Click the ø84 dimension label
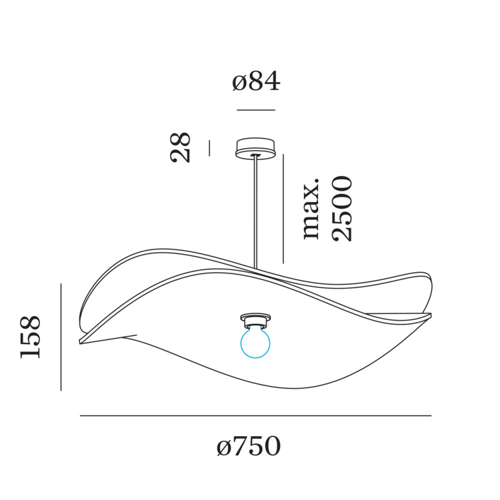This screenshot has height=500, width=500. tap(256, 81)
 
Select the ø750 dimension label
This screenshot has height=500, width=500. tap(249, 446)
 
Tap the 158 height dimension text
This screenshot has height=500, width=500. tap(30, 337)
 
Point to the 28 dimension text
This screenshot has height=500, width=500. tap(180, 147)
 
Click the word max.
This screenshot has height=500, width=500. tap(311, 211)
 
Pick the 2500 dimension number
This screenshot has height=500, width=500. tap(342, 209)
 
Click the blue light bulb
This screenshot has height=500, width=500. tap(255, 341)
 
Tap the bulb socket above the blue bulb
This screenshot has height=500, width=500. tap(255, 321)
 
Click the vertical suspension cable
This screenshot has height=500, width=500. tap(255, 213)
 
